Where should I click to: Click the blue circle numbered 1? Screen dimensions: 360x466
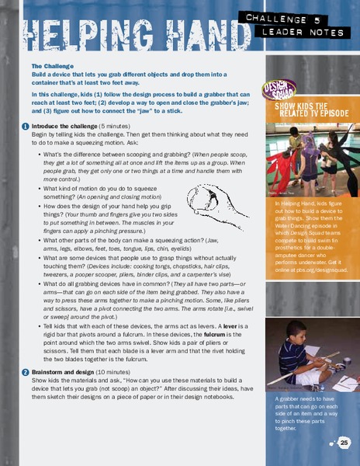point(26,127)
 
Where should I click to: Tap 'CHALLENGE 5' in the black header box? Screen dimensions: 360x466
point(300,18)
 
